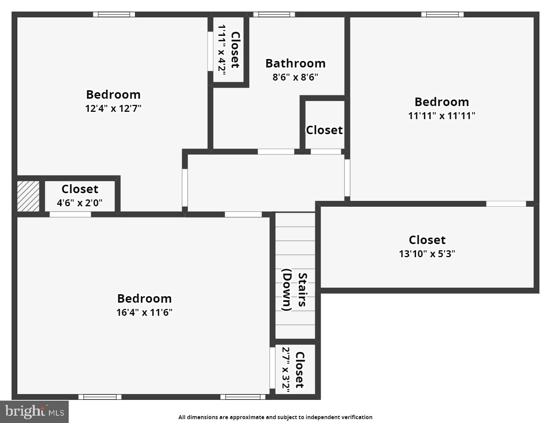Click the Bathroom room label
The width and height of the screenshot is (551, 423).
point(295,63)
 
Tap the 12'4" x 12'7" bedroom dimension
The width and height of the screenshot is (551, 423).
point(113,108)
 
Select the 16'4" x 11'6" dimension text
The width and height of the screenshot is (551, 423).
point(144,312)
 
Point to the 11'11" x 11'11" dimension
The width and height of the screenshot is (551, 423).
point(441,116)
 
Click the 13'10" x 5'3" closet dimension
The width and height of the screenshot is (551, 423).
point(427,254)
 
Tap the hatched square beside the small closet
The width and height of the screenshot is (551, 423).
point(28,196)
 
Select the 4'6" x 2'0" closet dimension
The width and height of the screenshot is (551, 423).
point(80,203)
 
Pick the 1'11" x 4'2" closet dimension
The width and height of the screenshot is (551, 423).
point(222,48)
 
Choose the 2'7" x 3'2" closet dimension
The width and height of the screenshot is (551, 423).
point(286,369)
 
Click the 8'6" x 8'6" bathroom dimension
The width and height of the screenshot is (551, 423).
point(295,77)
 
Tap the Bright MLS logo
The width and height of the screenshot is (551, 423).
point(34,411)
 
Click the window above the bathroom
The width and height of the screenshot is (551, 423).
point(274,15)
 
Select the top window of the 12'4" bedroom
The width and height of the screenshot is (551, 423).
point(114,15)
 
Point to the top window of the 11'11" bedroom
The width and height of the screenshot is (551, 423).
point(442,15)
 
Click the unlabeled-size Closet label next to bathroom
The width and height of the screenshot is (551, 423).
point(324,130)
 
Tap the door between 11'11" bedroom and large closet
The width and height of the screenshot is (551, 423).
point(506,204)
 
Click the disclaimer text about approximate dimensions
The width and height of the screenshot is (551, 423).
point(275,417)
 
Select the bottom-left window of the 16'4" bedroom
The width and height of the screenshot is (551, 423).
point(100,397)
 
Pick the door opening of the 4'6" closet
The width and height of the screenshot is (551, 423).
point(70,214)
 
